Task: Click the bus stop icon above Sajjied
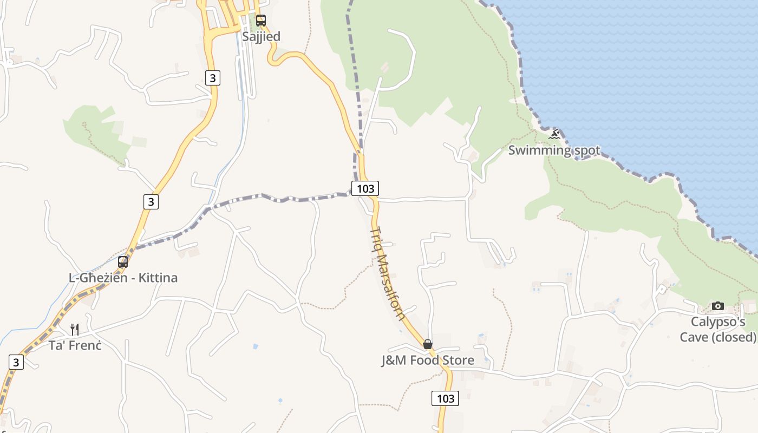click(x=261, y=21)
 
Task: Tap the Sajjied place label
click(x=261, y=36)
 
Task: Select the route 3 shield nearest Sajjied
click(x=213, y=78)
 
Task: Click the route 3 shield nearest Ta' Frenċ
click(x=16, y=362)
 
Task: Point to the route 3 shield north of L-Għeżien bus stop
click(x=151, y=202)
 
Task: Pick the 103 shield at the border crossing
click(x=365, y=188)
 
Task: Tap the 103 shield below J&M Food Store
click(x=445, y=398)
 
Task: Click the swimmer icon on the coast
click(x=554, y=134)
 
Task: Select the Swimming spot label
click(x=554, y=150)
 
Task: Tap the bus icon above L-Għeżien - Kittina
click(x=123, y=262)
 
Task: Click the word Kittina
click(x=158, y=278)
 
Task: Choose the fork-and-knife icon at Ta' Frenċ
click(x=75, y=329)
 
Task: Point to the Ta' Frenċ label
click(x=75, y=345)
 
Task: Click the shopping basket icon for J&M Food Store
click(x=428, y=344)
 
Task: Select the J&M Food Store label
click(x=428, y=360)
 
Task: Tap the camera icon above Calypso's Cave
click(x=718, y=306)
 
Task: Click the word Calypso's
click(x=718, y=322)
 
